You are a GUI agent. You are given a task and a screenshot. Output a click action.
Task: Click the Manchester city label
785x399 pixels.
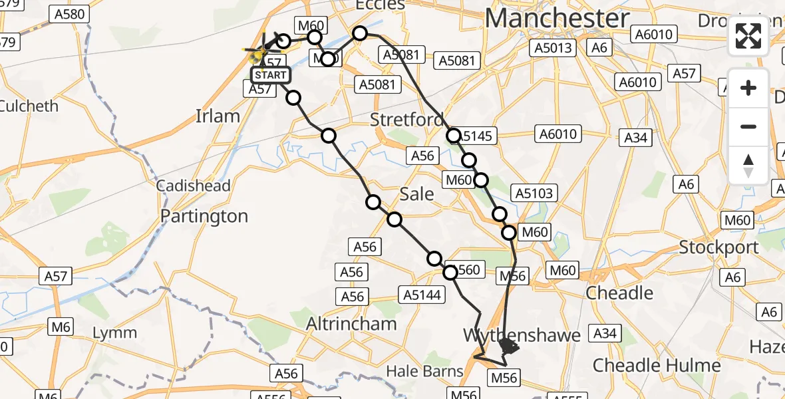557,18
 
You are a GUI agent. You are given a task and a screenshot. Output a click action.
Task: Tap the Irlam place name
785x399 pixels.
218,116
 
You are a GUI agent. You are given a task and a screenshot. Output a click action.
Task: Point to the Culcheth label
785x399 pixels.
29,106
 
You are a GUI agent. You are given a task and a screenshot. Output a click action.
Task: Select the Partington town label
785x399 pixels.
204,216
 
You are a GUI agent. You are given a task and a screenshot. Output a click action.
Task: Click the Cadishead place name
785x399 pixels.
193,186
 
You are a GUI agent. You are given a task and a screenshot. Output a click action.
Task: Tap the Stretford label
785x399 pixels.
407,120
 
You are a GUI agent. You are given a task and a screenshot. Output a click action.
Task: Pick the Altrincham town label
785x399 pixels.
351,324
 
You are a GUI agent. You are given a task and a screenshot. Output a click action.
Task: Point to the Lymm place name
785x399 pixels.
115,332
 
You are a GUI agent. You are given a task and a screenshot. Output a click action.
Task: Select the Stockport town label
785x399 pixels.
718,247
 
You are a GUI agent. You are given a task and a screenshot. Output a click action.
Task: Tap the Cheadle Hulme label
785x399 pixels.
657,365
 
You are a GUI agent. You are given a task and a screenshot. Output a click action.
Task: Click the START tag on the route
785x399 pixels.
271,75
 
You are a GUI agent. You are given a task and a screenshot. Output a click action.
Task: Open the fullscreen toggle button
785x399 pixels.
748,36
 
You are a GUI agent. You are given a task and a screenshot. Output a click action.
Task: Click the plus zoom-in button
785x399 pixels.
748,88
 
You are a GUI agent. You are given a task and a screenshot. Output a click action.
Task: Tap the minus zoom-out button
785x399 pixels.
748,126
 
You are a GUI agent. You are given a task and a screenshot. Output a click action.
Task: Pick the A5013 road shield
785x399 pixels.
551,48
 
